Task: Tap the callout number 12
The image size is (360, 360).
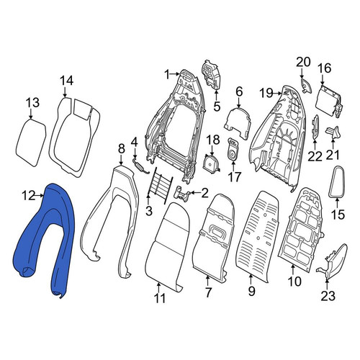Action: pyautogui.click(x=29, y=196)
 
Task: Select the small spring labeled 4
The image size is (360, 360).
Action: pyautogui.click(x=141, y=166)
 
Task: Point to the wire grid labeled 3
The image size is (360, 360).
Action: pyautogui.click(x=160, y=185)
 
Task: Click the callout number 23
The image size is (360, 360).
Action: pyautogui.click(x=328, y=295)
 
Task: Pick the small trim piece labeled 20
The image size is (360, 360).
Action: pyautogui.click(x=305, y=85)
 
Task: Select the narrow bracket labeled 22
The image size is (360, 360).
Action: pyautogui.click(x=315, y=127)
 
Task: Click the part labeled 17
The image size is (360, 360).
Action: pyautogui.click(x=233, y=148)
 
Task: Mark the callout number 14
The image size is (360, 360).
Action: pyautogui.click(x=66, y=81)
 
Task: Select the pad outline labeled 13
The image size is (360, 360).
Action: pyautogui.click(x=31, y=143)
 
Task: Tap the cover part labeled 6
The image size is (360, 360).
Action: pyautogui.click(x=238, y=123)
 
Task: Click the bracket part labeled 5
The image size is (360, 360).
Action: pyautogui.click(x=212, y=76)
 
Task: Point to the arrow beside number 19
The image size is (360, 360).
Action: pyautogui.click(x=277, y=93)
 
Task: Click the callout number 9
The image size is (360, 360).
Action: pyautogui.click(x=251, y=292)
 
